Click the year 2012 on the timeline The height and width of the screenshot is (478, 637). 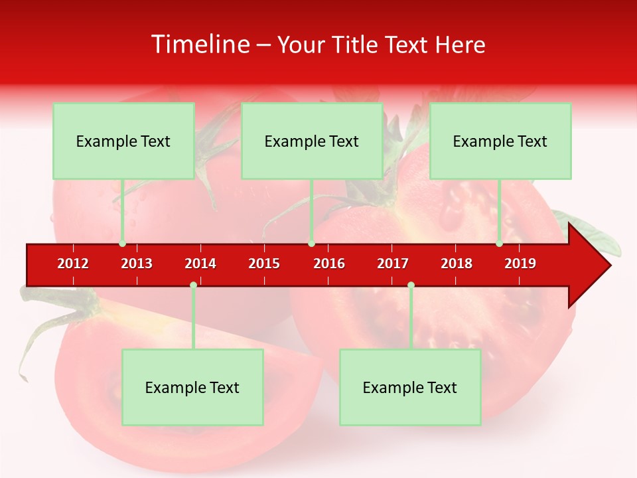click(73, 264)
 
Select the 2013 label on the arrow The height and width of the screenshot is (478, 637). click(137, 264)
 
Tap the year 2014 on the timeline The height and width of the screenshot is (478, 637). click(200, 264)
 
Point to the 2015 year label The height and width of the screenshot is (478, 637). click(264, 264)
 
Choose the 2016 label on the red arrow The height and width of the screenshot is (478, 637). click(329, 264)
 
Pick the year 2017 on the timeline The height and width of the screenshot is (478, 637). click(393, 264)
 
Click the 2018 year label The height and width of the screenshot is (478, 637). click(457, 264)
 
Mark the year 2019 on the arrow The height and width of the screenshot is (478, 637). click(520, 264)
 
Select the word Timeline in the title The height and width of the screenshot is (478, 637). click(199, 44)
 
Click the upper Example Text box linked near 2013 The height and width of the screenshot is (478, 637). click(123, 141)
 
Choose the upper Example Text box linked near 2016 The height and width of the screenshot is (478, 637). click(312, 141)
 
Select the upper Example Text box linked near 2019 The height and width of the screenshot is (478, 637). click(500, 141)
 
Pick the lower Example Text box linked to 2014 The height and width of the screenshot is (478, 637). click(192, 387)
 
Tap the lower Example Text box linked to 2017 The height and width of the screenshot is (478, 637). click(410, 387)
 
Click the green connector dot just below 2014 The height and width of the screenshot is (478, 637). click(193, 285)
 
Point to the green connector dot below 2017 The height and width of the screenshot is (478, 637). click(411, 285)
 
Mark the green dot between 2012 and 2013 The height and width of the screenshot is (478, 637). click(122, 244)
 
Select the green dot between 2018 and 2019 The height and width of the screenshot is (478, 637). click(499, 244)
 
